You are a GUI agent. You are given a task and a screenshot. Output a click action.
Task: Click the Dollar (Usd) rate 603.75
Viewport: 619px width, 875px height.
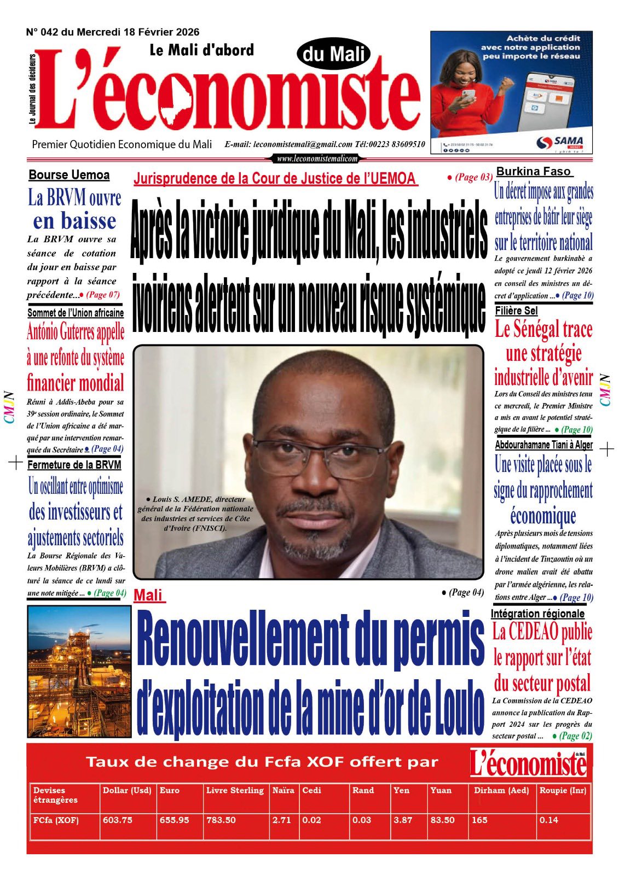pyautogui.click(x=118, y=820)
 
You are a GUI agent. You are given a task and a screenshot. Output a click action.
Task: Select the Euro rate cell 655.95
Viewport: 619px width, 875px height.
pyautogui.click(x=175, y=820)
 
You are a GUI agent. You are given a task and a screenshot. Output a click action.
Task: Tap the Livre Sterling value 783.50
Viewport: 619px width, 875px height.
pyautogui.click(x=221, y=820)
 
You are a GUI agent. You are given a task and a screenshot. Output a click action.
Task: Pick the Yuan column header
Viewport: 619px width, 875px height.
pyautogui.click(x=441, y=790)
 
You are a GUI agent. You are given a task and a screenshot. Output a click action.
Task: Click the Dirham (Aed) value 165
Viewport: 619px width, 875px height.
pyautogui.click(x=480, y=820)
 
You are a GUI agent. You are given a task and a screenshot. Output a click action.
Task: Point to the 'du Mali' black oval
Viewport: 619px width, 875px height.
pyautogui.click(x=333, y=55)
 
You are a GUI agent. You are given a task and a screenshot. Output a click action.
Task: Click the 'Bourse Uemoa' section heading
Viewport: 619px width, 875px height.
pyautogui.click(x=69, y=175)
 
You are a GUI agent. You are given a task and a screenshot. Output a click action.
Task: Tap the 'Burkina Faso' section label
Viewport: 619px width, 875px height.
pyautogui.click(x=534, y=171)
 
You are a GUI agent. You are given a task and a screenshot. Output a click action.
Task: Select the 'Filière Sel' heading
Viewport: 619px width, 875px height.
pyautogui.click(x=516, y=311)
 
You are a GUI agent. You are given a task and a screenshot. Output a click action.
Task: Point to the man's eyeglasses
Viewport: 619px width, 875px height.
pyautogui.click(x=317, y=454)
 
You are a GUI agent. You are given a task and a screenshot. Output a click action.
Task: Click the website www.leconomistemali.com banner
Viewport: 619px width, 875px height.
pyautogui.click(x=317, y=159)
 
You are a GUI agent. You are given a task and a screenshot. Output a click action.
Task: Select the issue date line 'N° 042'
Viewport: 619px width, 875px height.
pyautogui.click(x=113, y=32)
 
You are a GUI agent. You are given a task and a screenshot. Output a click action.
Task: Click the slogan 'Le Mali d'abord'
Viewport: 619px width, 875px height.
pyautogui.click(x=201, y=50)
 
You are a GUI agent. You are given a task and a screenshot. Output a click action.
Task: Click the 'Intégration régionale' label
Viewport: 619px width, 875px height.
pyautogui.click(x=537, y=614)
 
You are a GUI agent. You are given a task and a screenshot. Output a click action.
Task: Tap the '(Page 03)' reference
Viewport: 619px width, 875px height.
pyautogui.click(x=470, y=177)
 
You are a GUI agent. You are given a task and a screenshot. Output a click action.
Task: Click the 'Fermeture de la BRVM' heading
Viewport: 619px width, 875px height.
pyautogui.click(x=74, y=465)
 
